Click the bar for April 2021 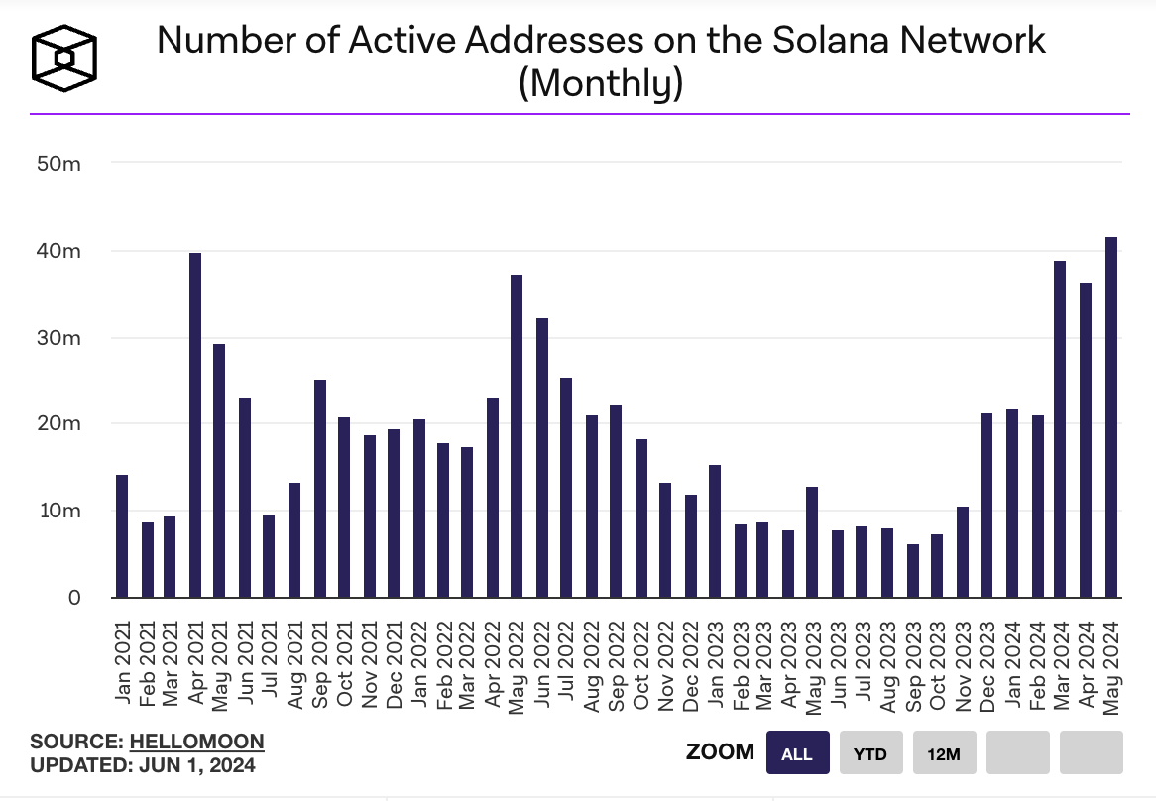point(195,425)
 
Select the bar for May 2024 point(1111,417)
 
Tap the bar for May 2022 point(517,436)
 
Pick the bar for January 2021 point(122,536)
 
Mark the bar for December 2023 point(986,506)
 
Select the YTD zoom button point(870,753)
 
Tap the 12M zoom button point(944,753)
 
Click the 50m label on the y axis point(58,163)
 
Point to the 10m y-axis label point(58,511)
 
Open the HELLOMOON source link point(197,742)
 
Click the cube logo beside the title point(65,57)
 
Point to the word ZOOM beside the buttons point(720,752)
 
